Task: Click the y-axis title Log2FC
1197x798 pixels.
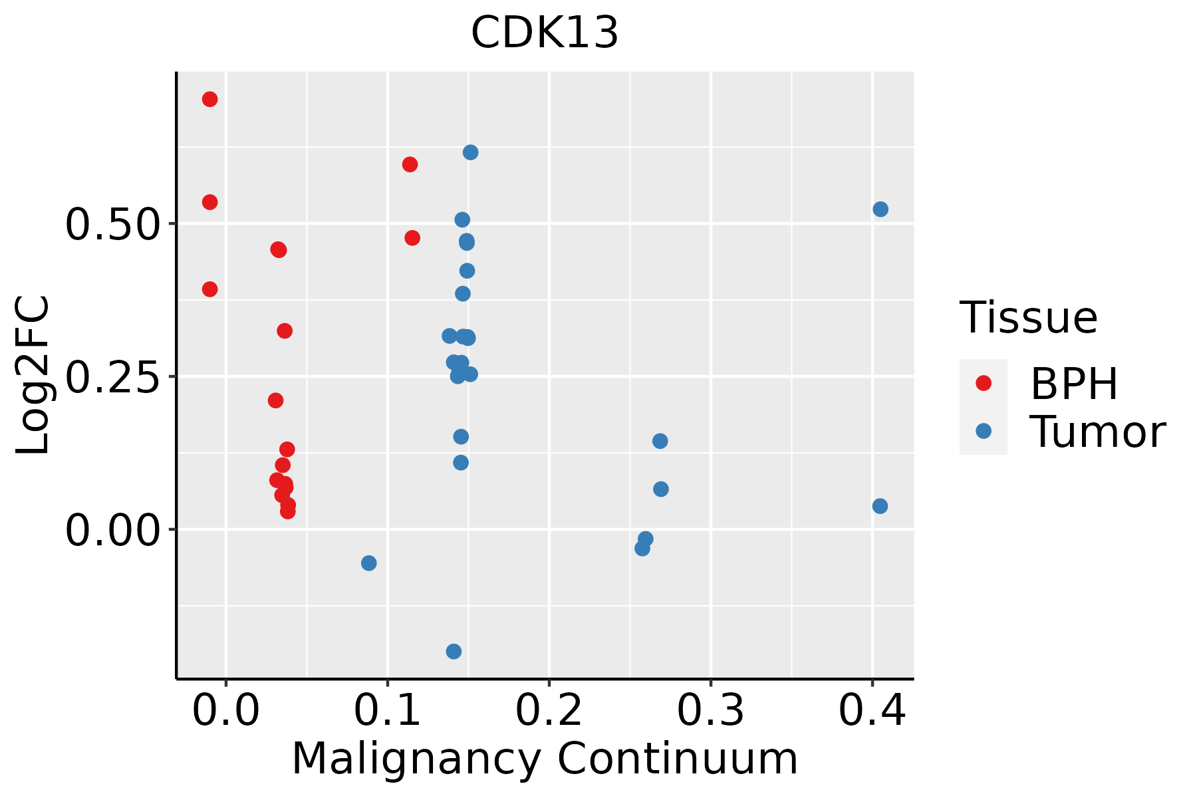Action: [33, 376]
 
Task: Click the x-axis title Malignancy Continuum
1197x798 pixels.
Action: [545, 759]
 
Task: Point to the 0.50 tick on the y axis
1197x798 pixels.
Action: [111, 224]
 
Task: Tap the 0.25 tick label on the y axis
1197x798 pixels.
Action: [111, 377]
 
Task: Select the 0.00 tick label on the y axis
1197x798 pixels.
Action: [111, 531]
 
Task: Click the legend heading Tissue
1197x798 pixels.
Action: [1029, 318]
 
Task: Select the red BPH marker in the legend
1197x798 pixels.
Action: [983, 383]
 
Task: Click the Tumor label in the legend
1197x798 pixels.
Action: [1098, 432]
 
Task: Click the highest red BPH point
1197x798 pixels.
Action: [209, 99]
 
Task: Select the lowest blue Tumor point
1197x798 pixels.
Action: [454, 651]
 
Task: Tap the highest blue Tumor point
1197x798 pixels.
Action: [470, 152]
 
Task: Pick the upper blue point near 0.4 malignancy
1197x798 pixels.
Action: [880, 209]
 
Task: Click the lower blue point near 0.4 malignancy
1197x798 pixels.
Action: [880, 506]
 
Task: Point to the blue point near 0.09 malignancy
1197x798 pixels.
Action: [368, 563]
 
